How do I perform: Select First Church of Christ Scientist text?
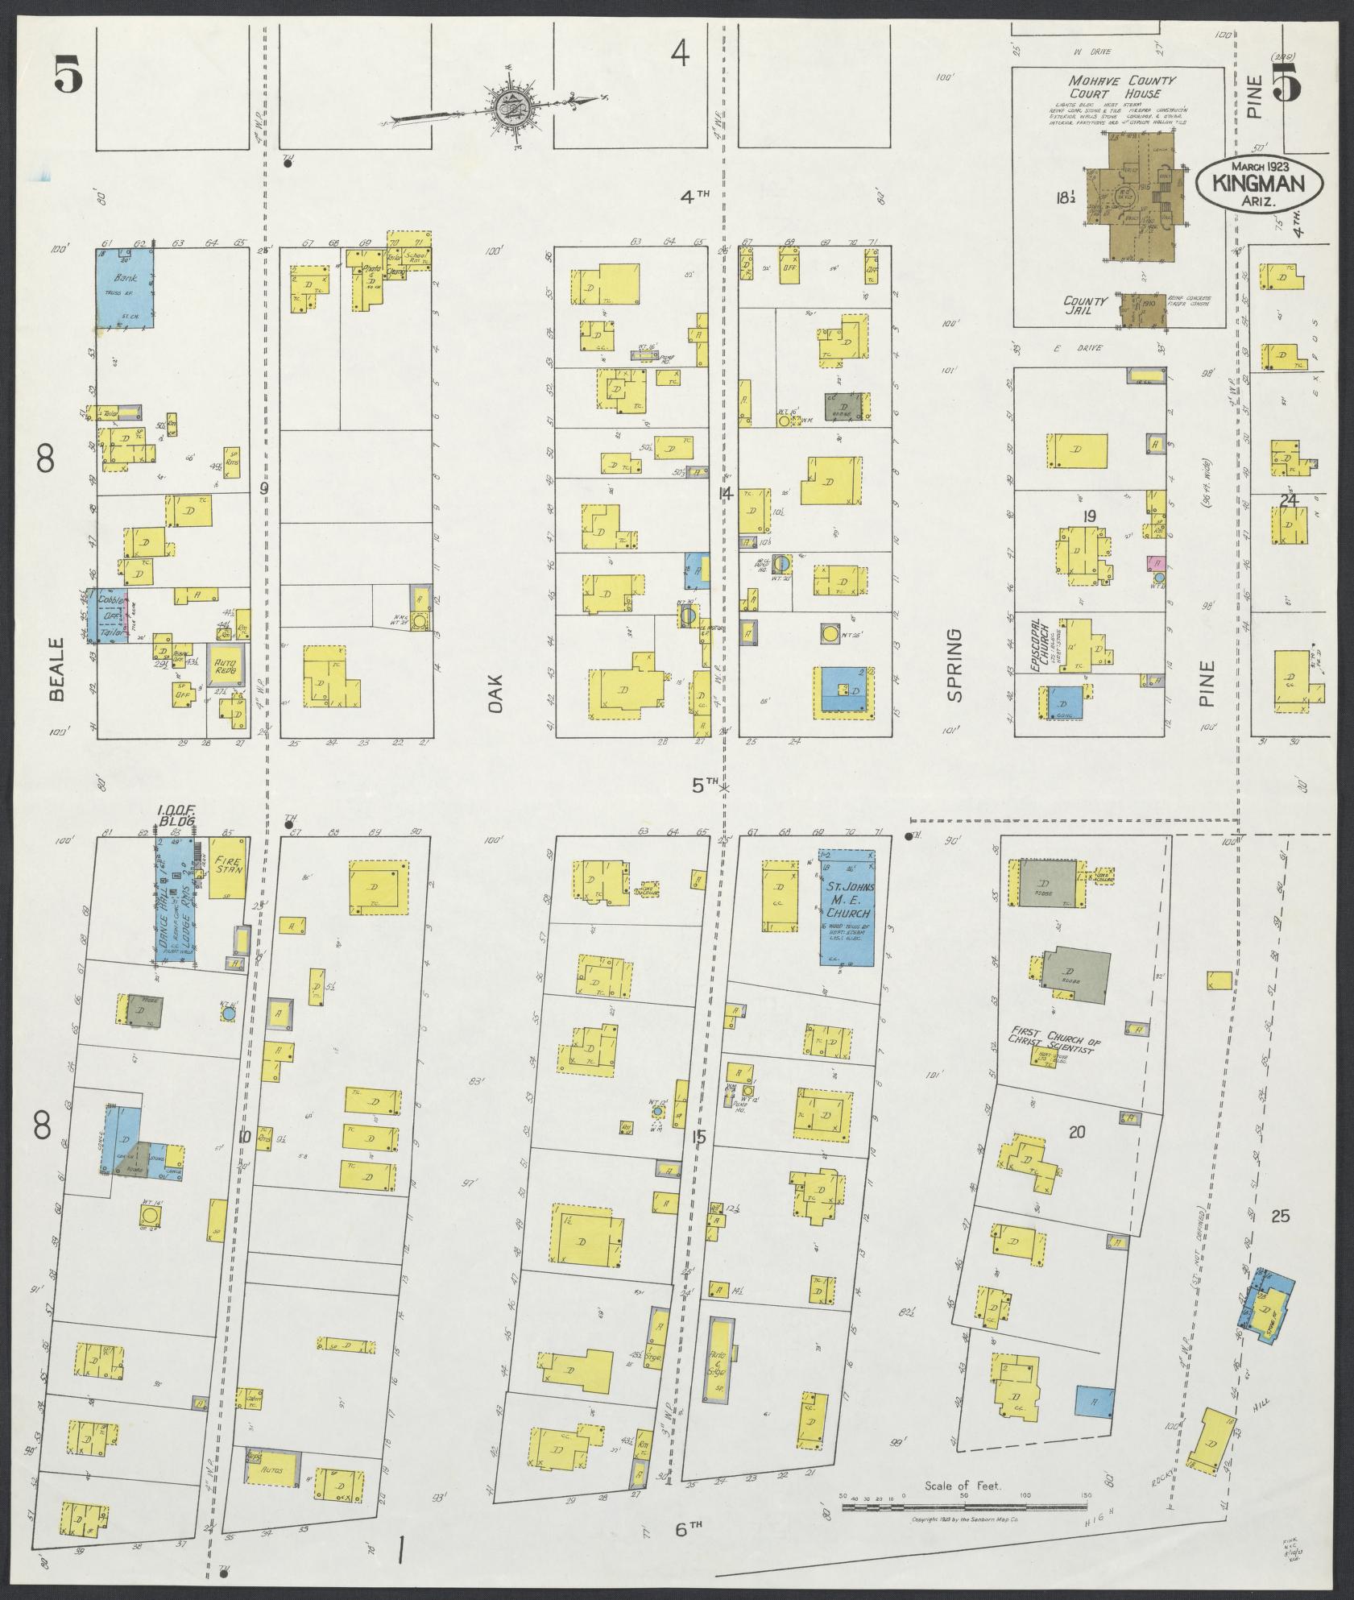coord(1054,1034)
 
